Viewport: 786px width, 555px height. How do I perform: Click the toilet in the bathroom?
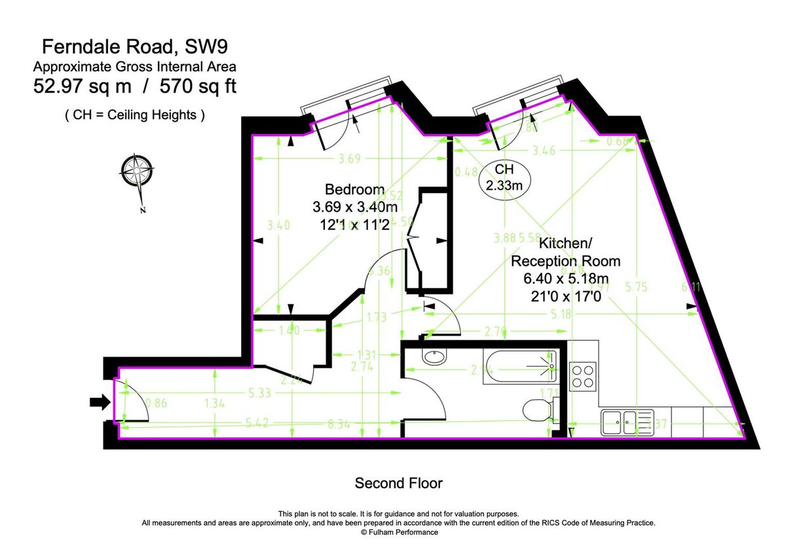(537, 410)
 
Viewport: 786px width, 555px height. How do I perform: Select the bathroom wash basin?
(432, 357)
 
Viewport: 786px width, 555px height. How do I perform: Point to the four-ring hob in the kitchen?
(583, 376)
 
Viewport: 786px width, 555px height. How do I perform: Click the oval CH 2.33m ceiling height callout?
(504, 177)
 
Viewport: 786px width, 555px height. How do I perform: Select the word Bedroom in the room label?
(354, 190)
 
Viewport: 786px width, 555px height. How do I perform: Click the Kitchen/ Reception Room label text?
(565, 253)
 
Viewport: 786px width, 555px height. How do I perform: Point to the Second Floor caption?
(398, 484)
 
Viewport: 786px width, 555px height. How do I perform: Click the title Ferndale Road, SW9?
(135, 46)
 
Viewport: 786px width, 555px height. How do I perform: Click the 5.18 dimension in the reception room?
(558, 315)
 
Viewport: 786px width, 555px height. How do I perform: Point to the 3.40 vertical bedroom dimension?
(278, 225)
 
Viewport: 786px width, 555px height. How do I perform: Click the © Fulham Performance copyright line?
(399, 533)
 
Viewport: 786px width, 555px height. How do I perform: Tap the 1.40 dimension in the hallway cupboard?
(289, 331)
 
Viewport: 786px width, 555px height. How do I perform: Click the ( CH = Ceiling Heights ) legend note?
(135, 115)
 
